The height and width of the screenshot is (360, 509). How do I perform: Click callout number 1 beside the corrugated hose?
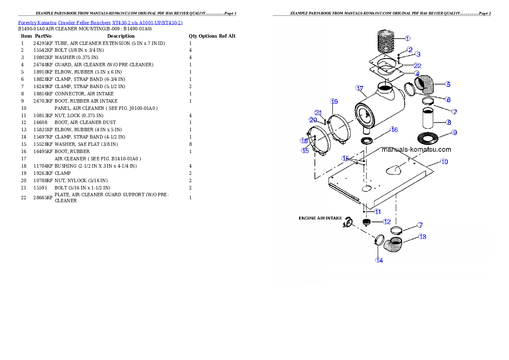click(408, 38)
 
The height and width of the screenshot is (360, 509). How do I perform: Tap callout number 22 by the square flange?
click(417, 65)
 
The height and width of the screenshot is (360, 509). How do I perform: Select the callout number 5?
click(447, 84)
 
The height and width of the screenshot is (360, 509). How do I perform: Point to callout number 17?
click(359, 88)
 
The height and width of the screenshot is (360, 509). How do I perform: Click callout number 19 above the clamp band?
click(334, 101)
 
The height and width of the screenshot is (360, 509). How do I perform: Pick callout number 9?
click(455, 133)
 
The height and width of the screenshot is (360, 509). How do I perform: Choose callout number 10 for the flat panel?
click(444, 162)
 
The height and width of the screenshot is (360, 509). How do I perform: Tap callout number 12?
click(387, 221)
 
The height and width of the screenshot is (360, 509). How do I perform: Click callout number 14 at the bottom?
click(379, 260)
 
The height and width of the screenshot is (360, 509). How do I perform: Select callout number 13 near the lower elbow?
click(423, 236)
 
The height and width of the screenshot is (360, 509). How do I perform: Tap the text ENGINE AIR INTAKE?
click(320, 218)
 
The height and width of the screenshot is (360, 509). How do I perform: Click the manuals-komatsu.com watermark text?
click(416, 150)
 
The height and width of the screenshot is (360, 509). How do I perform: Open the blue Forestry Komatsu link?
click(100, 23)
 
